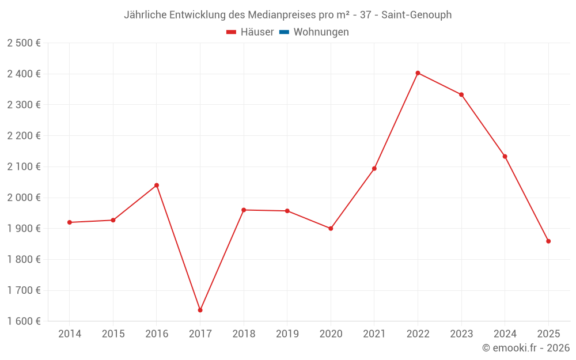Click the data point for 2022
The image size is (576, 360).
pos(418,73)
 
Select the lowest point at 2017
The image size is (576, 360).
pos(200,310)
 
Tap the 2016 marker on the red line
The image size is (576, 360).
pos(157,185)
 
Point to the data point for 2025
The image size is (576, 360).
pos(548,241)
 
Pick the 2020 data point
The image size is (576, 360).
pos(331,229)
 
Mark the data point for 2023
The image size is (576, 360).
pos(461,94)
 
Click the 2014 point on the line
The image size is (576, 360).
pos(70,222)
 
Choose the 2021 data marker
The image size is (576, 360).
pos(374,169)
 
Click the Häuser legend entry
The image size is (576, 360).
pos(250,32)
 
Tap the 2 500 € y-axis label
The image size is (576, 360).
pos(24,43)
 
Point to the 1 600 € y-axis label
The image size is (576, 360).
pos(24,321)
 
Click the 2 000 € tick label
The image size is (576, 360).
pos(24,198)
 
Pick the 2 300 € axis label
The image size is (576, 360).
pos(24,105)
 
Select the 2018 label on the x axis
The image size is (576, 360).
pos(244,334)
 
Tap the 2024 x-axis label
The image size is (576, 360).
pos(505,334)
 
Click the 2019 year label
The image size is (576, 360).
pos(287,334)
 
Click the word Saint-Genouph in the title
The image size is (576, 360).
pos(416,15)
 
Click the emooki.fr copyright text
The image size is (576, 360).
pos(526,348)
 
